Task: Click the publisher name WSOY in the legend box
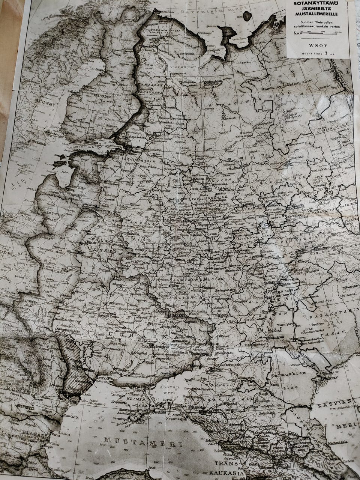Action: [x=318, y=46]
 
